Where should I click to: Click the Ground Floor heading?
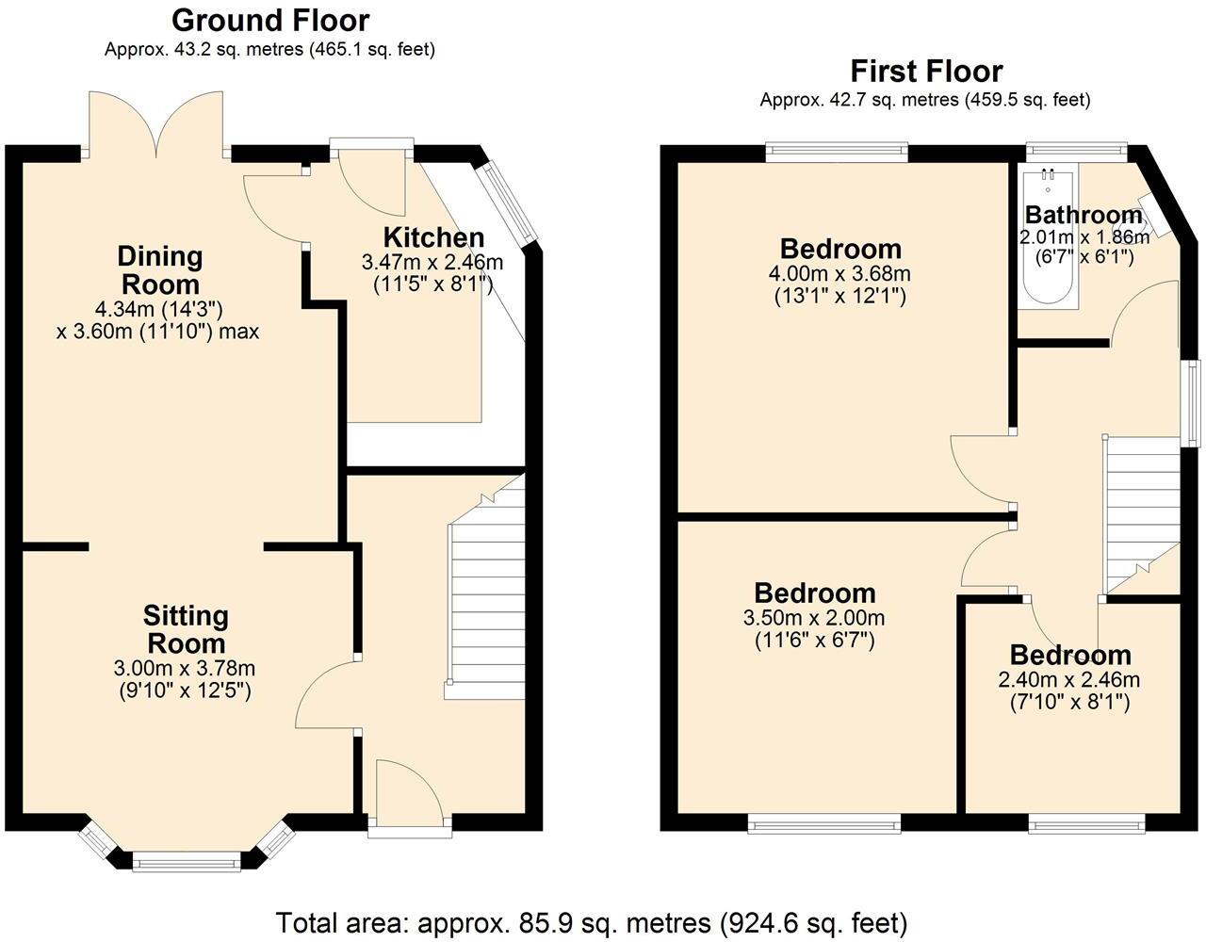tap(270, 20)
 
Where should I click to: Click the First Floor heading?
tap(926, 71)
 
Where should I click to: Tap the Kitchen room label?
tap(433, 237)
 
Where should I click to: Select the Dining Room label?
tap(160, 269)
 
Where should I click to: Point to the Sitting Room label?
tap(185, 629)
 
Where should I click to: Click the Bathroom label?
tap(1083, 214)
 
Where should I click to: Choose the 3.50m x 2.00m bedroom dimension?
tap(814, 618)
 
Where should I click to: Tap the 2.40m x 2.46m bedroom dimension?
tap(1069, 679)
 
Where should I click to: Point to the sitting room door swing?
tap(325, 695)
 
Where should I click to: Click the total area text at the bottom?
tap(591, 920)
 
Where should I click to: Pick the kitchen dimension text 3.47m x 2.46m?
tap(432, 261)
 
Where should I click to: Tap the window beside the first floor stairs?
tap(1193, 402)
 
